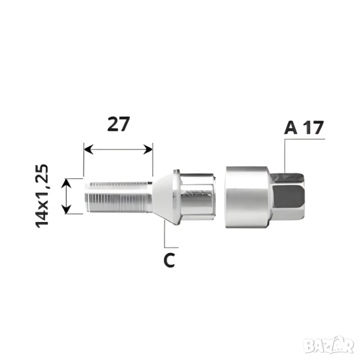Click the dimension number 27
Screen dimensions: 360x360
click(x=118, y=124)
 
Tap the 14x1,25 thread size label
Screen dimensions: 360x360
click(x=42, y=196)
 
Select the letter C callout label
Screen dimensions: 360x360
click(x=169, y=260)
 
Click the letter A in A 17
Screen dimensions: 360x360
click(x=291, y=128)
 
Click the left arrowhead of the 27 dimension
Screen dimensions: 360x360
click(x=88, y=150)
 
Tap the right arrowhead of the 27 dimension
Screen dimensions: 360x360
click(x=148, y=150)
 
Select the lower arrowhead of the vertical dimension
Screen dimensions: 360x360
click(x=66, y=209)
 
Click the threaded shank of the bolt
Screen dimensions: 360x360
click(x=118, y=197)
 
